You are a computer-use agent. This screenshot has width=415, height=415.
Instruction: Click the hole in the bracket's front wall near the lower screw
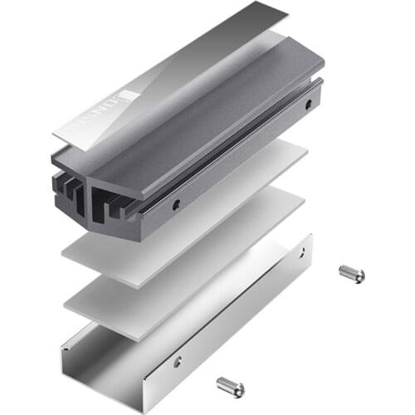click(178, 360)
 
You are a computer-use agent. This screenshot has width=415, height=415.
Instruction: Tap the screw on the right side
click(352, 273)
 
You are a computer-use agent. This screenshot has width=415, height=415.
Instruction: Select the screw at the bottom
click(231, 386)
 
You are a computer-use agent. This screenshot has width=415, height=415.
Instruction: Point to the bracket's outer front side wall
click(207, 349)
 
